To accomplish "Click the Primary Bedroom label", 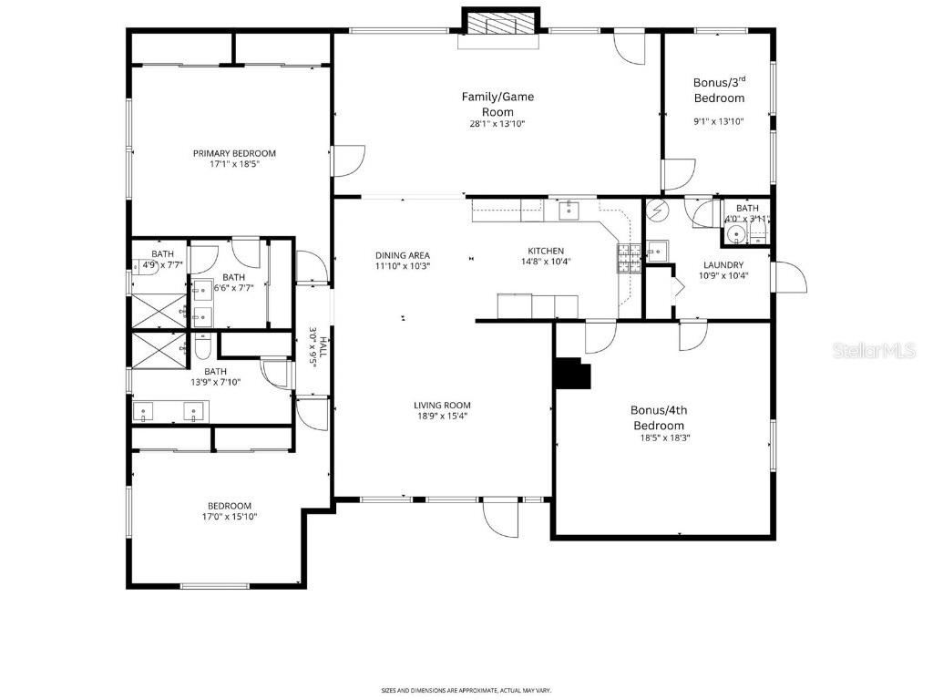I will [x=234, y=153].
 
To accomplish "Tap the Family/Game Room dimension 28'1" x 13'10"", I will [x=497, y=124].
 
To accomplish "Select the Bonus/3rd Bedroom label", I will [x=719, y=90].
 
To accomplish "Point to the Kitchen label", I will [x=547, y=252].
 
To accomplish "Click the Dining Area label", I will [x=402, y=256].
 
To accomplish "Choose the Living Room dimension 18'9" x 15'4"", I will [x=441, y=417].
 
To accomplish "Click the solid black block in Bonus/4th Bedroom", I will [x=572, y=372].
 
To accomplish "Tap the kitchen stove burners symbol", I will [x=628, y=258].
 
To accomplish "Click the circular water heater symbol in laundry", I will [x=657, y=211].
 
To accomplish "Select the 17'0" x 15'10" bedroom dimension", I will [x=229, y=517].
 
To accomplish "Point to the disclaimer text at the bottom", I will [x=466, y=690].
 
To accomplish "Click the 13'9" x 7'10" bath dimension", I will [x=216, y=383].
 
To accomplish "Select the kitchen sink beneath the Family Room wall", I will [x=569, y=211].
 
